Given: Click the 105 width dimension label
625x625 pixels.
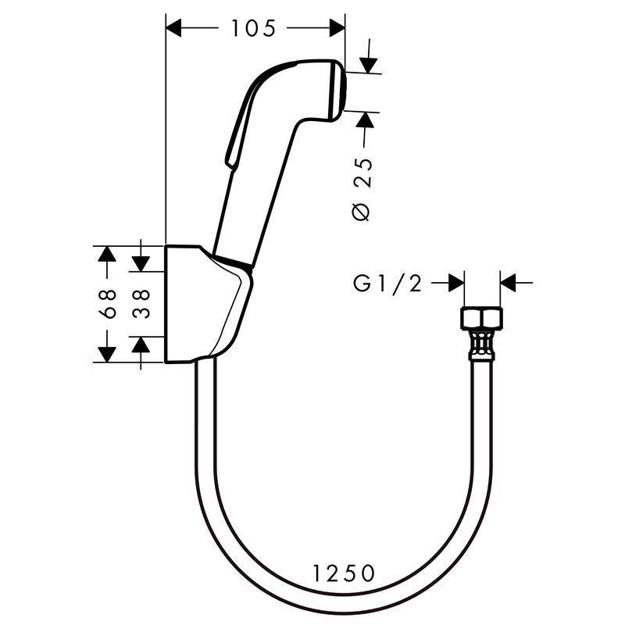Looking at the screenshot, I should click(254, 29).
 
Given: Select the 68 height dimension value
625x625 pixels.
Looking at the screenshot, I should click(109, 304).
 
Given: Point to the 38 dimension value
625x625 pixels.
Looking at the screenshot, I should click(141, 304).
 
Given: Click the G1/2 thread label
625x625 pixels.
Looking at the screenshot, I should click(387, 284).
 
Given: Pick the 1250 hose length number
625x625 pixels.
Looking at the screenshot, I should click(344, 574).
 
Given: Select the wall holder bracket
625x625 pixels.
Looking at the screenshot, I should click(207, 305).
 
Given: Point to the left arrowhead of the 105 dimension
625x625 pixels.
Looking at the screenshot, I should click(176, 29).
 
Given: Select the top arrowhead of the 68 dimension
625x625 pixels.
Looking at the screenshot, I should click(105, 255).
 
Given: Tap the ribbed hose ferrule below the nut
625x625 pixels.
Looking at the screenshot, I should click(481, 345).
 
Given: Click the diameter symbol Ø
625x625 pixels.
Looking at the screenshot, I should click(362, 212).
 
